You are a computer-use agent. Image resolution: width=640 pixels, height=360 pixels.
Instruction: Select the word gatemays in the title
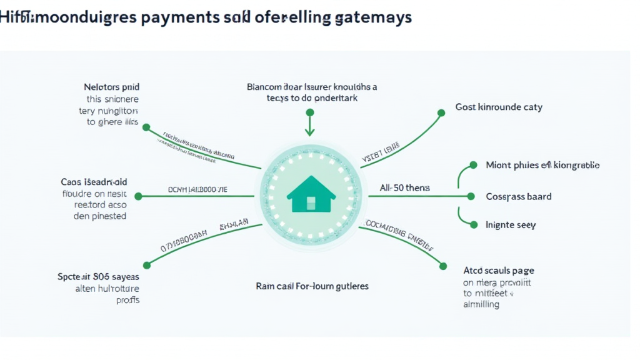(x=372, y=17)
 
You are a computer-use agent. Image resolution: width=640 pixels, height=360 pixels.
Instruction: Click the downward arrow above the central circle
(x=309, y=127)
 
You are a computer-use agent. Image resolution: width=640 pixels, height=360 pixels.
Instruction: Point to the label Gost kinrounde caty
(x=499, y=107)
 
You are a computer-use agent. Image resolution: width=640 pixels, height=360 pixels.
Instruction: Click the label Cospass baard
(x=518, y=196)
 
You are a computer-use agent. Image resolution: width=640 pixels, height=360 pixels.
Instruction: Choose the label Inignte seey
(x=511, y=224)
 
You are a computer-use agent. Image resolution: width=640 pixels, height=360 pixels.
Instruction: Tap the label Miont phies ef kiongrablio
(x=542, y=166)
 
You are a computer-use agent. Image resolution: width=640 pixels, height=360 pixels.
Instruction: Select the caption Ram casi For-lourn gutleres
(x=312, y=286)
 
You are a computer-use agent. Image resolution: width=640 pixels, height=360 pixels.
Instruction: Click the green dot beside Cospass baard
(x=471, y=196)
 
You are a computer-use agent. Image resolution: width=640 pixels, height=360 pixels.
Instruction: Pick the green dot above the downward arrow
(x=309, y=112)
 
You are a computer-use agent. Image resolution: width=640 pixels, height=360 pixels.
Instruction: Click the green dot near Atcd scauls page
(x=442, y=266)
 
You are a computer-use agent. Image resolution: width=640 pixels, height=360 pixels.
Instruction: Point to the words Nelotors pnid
(x=111, y=87)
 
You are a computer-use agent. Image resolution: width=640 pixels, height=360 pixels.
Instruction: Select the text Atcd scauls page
(x=498, y=271)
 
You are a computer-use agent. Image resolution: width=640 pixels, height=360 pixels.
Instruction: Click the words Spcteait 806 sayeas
(x=99, y=276)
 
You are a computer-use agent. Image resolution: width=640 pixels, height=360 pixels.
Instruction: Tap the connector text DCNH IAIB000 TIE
(x=198, y=188)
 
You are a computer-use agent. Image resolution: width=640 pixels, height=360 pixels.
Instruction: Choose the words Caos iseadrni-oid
(x=94, y=182)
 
